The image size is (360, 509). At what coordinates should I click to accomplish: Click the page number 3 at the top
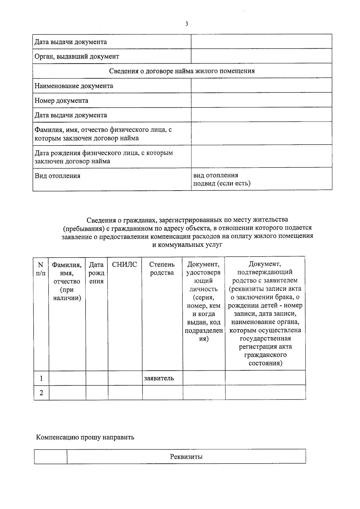(187, 24)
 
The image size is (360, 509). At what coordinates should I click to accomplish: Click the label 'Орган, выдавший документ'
(77, 56)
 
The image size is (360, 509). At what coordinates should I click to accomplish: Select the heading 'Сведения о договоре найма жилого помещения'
(182, 71)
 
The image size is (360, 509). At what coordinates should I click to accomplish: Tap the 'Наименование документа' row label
(74, 86)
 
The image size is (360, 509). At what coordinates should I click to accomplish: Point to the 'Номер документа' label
(61, 101)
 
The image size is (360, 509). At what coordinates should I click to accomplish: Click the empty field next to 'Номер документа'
(261, 100)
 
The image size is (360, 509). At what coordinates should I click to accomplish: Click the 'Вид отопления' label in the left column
(58, 176)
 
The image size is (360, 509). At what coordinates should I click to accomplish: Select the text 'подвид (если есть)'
(222, 183)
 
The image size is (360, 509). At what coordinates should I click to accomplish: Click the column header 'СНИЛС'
(124, 265)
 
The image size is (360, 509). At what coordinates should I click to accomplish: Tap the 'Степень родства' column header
(162, 269)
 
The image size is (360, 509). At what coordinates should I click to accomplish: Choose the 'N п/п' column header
(41, 269)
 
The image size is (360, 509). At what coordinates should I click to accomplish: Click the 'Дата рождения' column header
(97, 273)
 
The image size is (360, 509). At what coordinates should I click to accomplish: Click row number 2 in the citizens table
(41, 393)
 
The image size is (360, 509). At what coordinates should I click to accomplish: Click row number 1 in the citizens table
(41, 378)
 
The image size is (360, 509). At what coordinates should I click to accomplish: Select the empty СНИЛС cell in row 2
(125, 393)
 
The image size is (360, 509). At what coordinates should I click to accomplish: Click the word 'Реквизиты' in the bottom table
(186, 457)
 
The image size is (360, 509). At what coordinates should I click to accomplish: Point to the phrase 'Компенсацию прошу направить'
(85, 437)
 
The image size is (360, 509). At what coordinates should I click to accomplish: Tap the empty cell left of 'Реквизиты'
(50, 457)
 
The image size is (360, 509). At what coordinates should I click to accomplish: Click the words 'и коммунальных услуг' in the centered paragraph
(187, 245)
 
